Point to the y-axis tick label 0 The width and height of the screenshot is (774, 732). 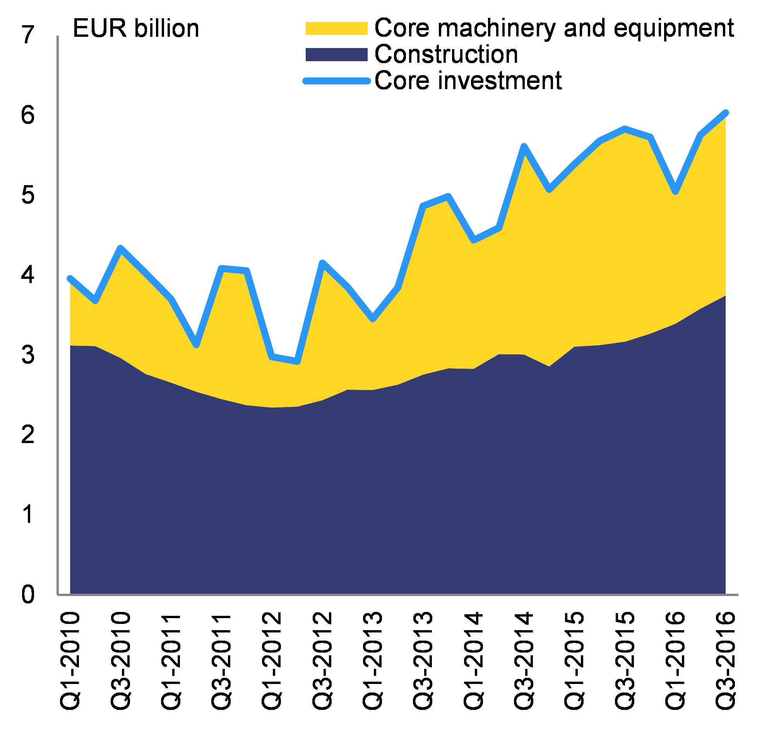pyautogui.click(x=27, y=595)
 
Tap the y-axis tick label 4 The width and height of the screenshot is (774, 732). pyautogui.click(x=27, y=275)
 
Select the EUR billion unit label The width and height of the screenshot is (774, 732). pyautogui.click(x=136, y=29)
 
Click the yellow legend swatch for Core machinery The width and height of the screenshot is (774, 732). pyautogui.click(x=336, y=28)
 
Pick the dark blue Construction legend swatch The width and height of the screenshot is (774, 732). pyautogui.click(x=336, y=54)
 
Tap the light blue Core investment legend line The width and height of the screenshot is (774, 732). pyautogui.click(x=336, y=81)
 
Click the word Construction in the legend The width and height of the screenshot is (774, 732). pyautogui.click(x=446, y=54)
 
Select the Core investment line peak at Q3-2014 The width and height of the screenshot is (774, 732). pyautogui.click(x=524, y=146)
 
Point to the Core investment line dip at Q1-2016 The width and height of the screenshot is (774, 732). pyautogui.click(x=676, y=192)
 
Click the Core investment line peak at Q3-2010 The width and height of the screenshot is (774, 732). pyautogui.click(x=120, y=248)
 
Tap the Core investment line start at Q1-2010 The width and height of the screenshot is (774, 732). pyautogui.click(x=70, y=278)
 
